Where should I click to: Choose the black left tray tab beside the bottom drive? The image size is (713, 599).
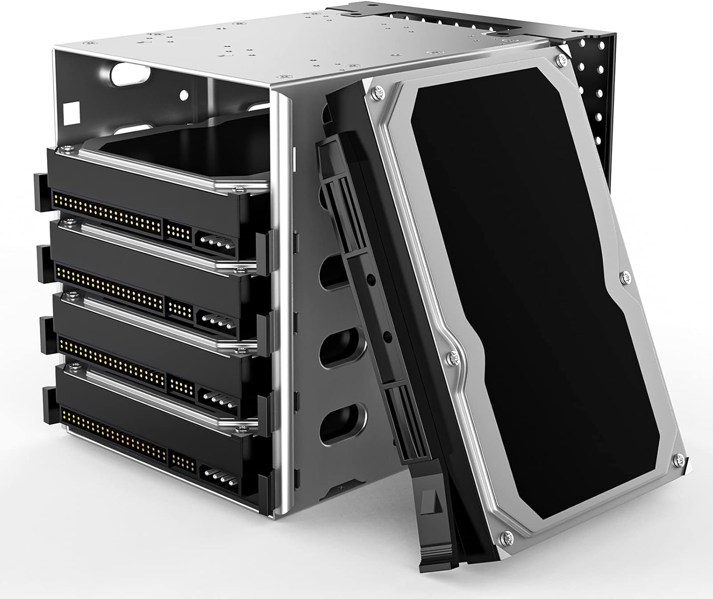coord(49,405)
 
